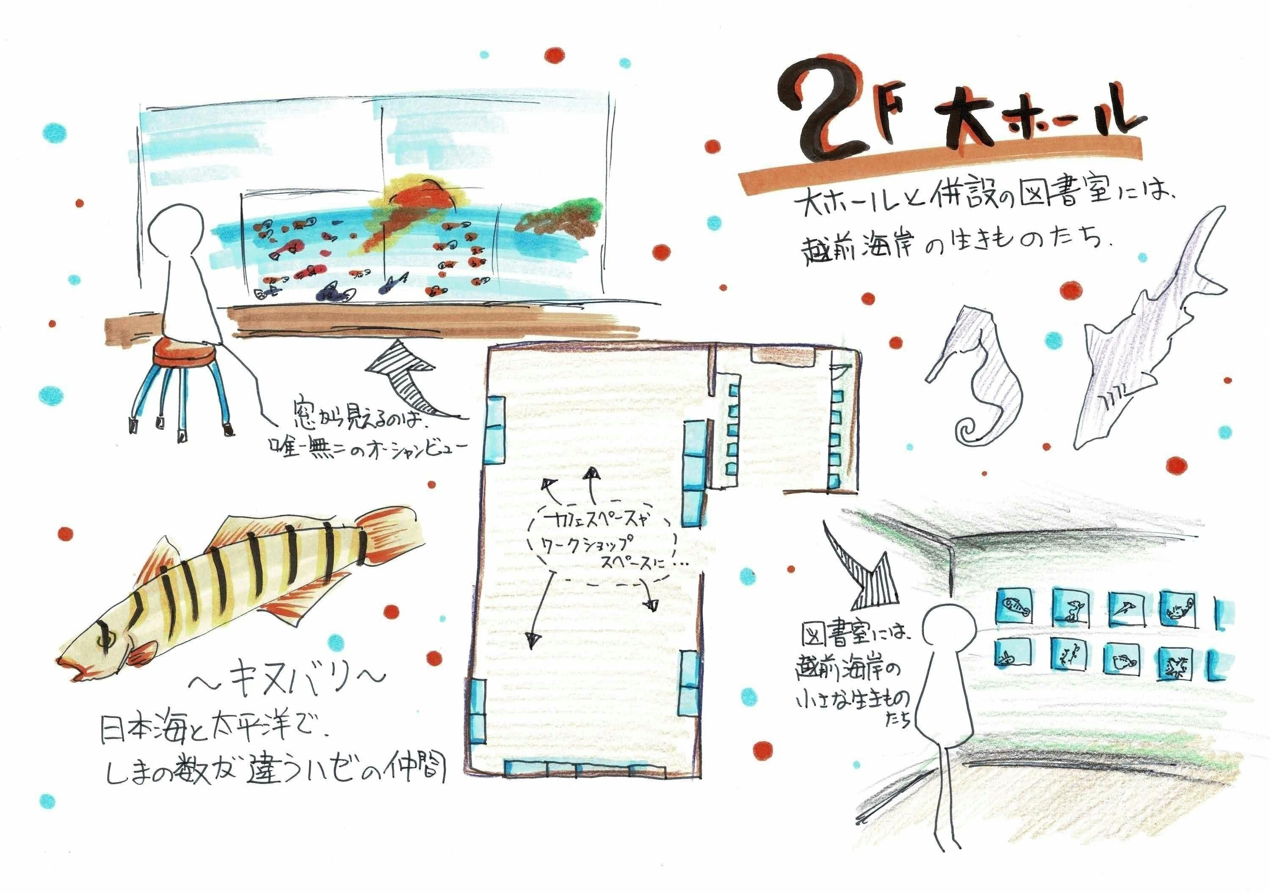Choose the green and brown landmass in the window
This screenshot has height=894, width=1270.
click(559, 218)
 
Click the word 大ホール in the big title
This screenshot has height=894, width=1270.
click(1034, 124)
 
